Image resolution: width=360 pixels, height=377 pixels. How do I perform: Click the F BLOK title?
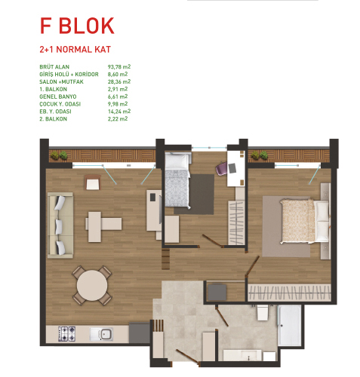[77, 26]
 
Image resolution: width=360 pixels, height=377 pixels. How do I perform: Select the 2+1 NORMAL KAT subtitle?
[75, 49]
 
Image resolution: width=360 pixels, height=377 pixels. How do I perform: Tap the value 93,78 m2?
[119, 67]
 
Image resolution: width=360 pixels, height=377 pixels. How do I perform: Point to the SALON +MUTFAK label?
[61, 81]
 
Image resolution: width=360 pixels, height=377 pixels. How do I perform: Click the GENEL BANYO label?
[58, 97]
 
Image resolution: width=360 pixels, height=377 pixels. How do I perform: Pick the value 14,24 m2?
[119, 112]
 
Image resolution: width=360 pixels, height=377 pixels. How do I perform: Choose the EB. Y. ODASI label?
[55, 112]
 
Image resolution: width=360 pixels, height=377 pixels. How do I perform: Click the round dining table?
[92, 286]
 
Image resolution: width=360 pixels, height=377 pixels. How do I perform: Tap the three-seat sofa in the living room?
[60, 225]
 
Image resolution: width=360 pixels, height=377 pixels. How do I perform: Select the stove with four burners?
[66, 334]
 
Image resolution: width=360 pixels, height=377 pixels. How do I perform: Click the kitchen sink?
[101, 334]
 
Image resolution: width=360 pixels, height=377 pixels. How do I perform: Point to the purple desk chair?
[222, 168]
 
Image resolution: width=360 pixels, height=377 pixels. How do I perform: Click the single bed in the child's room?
[177, 180]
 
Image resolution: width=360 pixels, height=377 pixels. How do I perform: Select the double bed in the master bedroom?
[305, 222]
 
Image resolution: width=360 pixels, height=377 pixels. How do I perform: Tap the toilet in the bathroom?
[262, 312]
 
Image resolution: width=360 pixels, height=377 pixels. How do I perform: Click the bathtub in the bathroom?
[289, 325]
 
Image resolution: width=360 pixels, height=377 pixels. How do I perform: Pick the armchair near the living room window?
[93, 182]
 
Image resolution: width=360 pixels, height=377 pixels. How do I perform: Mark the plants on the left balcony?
[59, 155]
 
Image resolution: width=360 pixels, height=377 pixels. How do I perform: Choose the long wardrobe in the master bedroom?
[289, 293]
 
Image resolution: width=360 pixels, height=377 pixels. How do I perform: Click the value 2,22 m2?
[118, 119]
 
